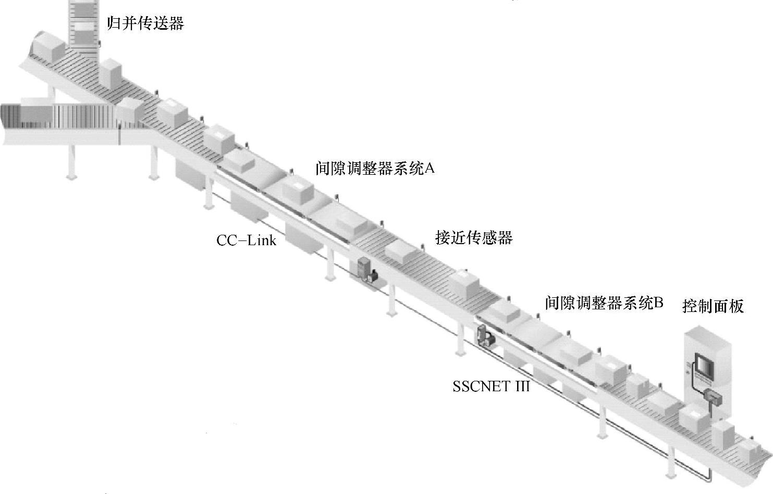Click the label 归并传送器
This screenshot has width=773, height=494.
tap(145, 23)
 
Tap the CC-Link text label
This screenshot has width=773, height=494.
tap(246, 240)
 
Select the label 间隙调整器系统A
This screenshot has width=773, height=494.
tap(375, 168)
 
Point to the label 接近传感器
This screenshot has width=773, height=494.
tap(474, 238)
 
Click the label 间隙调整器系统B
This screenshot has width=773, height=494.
tap(604, 303)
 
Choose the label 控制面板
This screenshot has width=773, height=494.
tap(713, 306)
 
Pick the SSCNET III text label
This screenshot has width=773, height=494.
tap(491, 387)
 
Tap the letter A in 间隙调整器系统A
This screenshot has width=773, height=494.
tap(430, 168)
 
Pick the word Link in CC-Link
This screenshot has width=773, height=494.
tap(262, 240)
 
